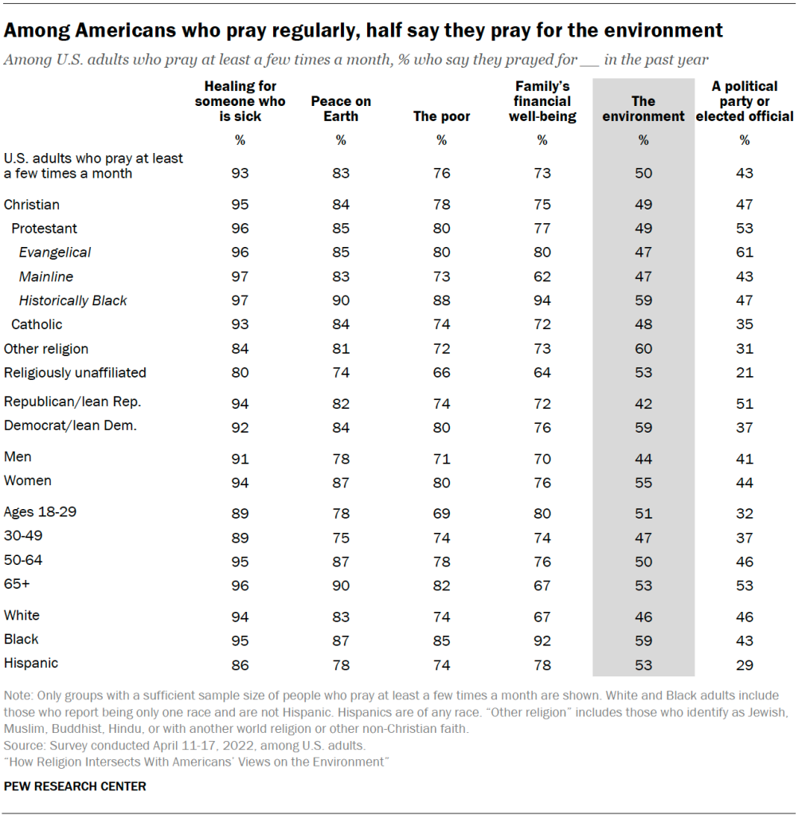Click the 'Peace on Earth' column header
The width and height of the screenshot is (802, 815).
(x=341, y=108)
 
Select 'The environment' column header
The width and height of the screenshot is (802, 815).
(x=643, y=108)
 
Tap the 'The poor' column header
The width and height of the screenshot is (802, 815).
(x=441, y=116)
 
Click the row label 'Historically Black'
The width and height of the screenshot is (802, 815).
(x=73, y=300)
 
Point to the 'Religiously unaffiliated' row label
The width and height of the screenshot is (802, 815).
(x=75, y=372)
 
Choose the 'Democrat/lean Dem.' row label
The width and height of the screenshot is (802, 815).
(x=70, y=425)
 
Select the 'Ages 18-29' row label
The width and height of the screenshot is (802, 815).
(x=41, y=511)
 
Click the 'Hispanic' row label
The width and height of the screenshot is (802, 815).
(x=31, y=663)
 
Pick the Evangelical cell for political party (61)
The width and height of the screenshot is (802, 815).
(x=744, y=253)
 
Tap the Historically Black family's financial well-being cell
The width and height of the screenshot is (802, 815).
(x=542, y=300)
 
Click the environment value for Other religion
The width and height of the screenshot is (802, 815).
(x=643, y=349)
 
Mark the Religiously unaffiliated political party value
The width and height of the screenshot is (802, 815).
(x=744, y=373)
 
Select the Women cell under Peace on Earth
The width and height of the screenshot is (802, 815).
(x=341, y=482)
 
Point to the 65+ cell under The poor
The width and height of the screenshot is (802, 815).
(x=441, y=586)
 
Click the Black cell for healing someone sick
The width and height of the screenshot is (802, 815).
(x=240, y=640)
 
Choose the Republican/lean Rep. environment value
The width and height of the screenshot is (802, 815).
(x=643, y=403)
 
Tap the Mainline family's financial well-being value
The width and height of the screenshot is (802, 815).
(x=542, y=276)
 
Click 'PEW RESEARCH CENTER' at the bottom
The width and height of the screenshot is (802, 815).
(x=75, y=786)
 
